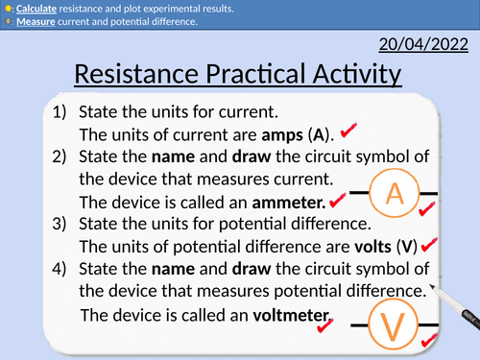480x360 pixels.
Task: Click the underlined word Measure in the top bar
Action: tap(37, 22)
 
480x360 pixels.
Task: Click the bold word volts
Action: tap(368, 245)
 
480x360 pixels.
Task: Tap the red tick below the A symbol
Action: tap(429, 209)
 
